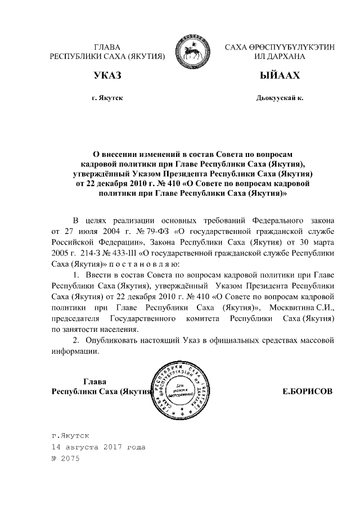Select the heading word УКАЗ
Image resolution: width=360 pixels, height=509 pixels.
click(x=107, y=76)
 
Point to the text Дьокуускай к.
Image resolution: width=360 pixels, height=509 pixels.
click(x=280, y=98)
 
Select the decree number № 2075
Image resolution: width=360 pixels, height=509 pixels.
click(x=66, y=458)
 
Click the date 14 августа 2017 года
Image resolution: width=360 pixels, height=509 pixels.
click(x=98, y=447)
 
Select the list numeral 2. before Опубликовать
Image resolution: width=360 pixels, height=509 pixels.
click(x=77, y=341)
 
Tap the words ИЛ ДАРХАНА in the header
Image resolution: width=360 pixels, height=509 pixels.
click(x=280, y=57)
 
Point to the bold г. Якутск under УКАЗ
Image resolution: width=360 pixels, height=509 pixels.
click(x=107, y=98)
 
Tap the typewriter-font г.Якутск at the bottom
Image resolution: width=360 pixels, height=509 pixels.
click(x=70, y=436)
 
